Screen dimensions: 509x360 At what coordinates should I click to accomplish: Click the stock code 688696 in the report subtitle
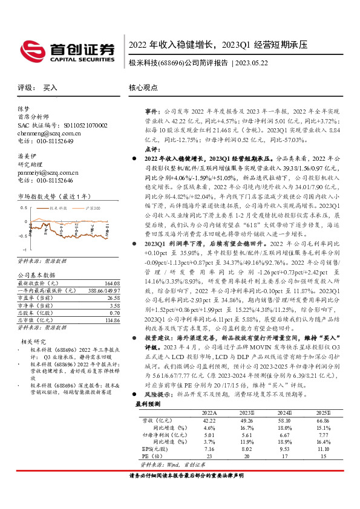(169, 62)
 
